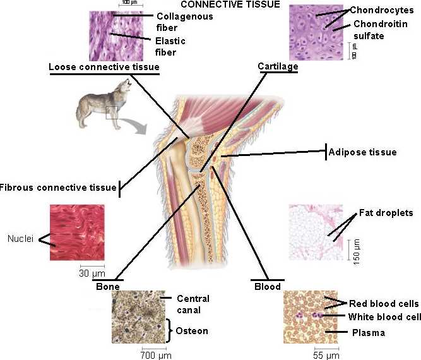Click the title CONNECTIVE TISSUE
pos(230,5)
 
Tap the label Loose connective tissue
pos(104,66)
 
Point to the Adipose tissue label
pos(362,152)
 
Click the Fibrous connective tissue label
pos(58,188)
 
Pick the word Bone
pos(107,286)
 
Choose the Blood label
pos(267,286)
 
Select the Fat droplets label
pos(386,213)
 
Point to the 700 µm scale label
pos(156,356)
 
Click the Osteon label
pos(191,331)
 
